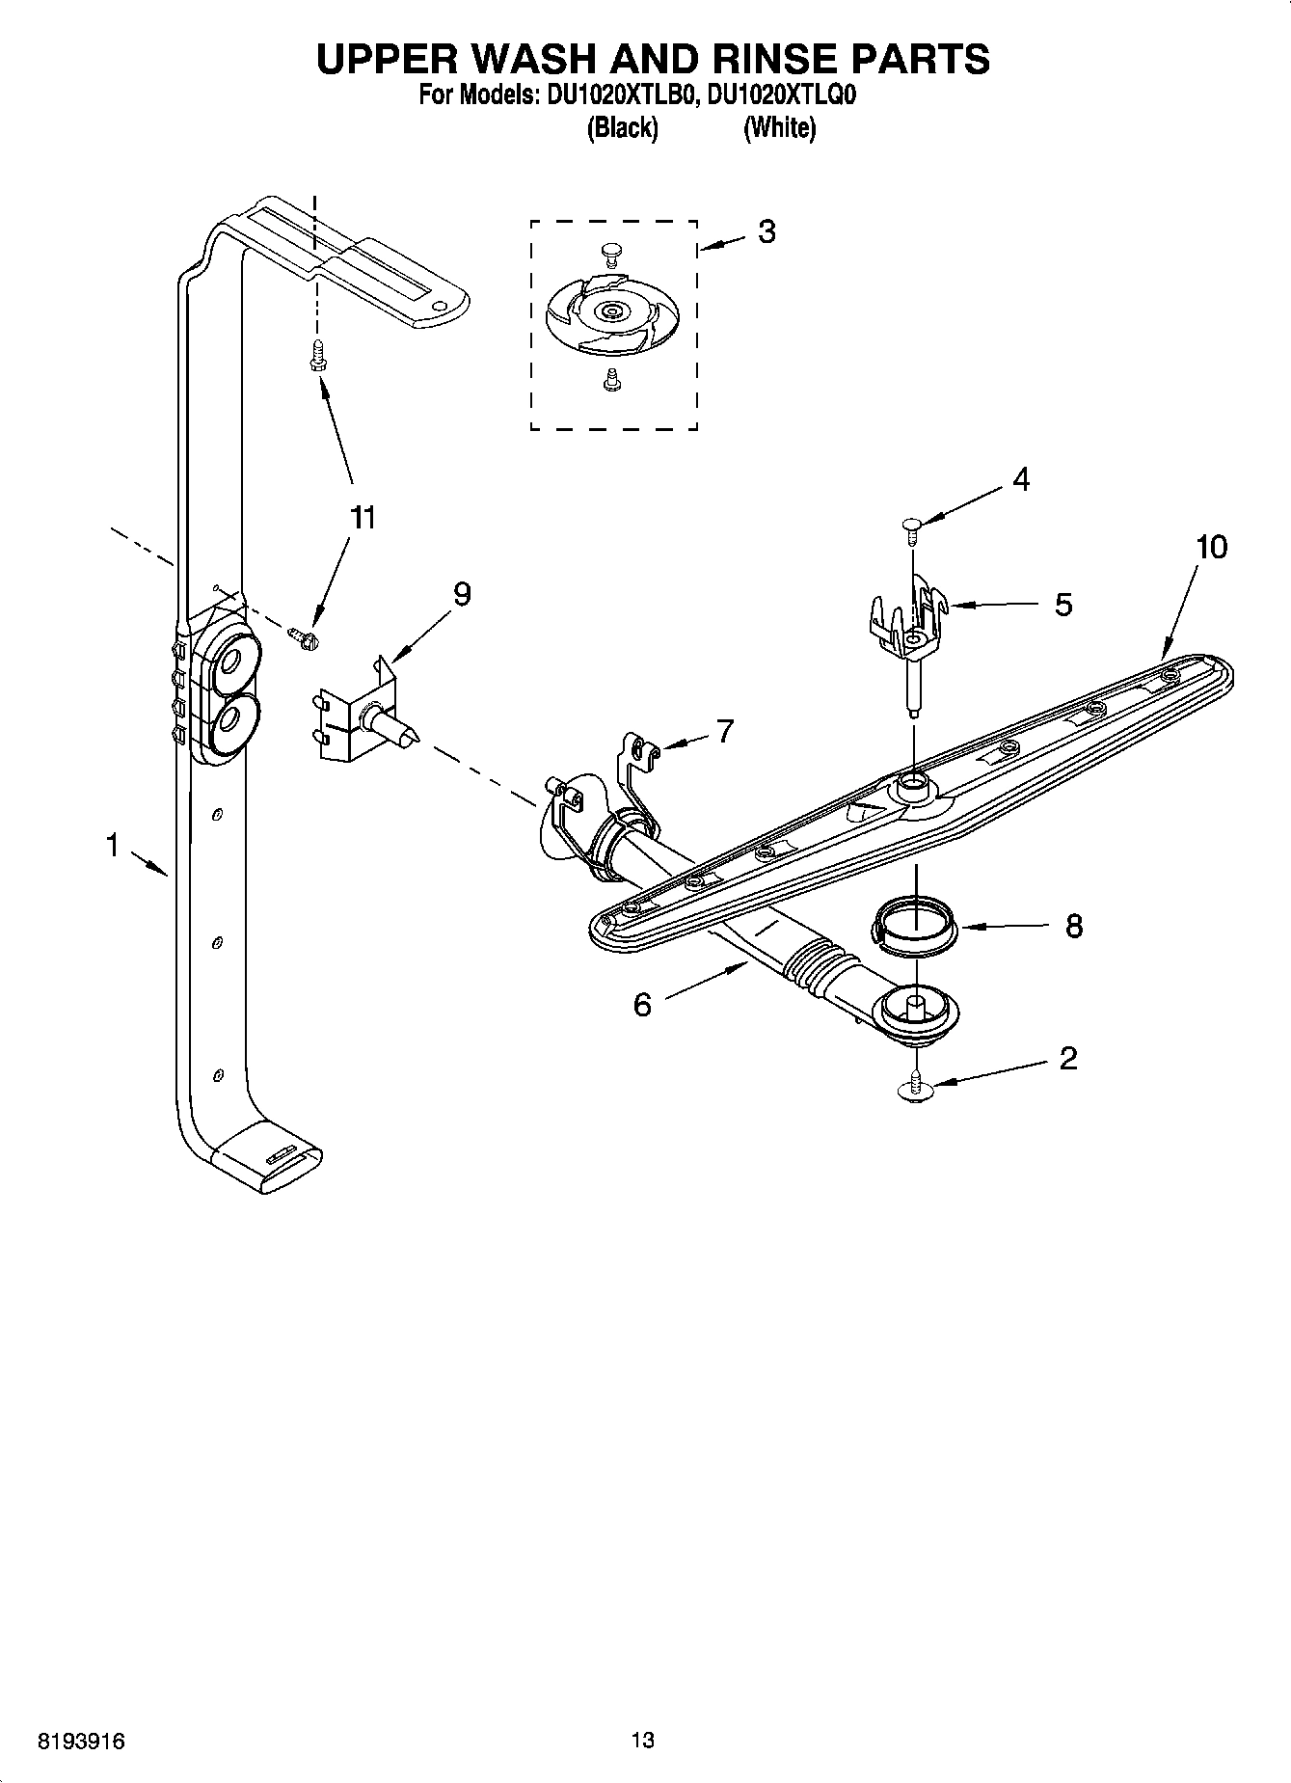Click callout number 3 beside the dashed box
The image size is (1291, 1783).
tap(767, 232)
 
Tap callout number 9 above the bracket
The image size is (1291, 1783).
tap(462, 595)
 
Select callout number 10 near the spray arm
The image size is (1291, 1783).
tap(1211, 548)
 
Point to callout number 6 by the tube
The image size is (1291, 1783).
tap(642, 1005)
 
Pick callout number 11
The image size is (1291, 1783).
tap(362, 518)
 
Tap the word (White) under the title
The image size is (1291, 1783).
tap(779, 128)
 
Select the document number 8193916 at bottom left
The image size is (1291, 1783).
tap(82, 1742)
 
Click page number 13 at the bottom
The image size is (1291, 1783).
tap(643, 1741)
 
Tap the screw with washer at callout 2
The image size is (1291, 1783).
tap(915, 1088)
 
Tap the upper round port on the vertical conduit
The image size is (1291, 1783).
tap(232, 662)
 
